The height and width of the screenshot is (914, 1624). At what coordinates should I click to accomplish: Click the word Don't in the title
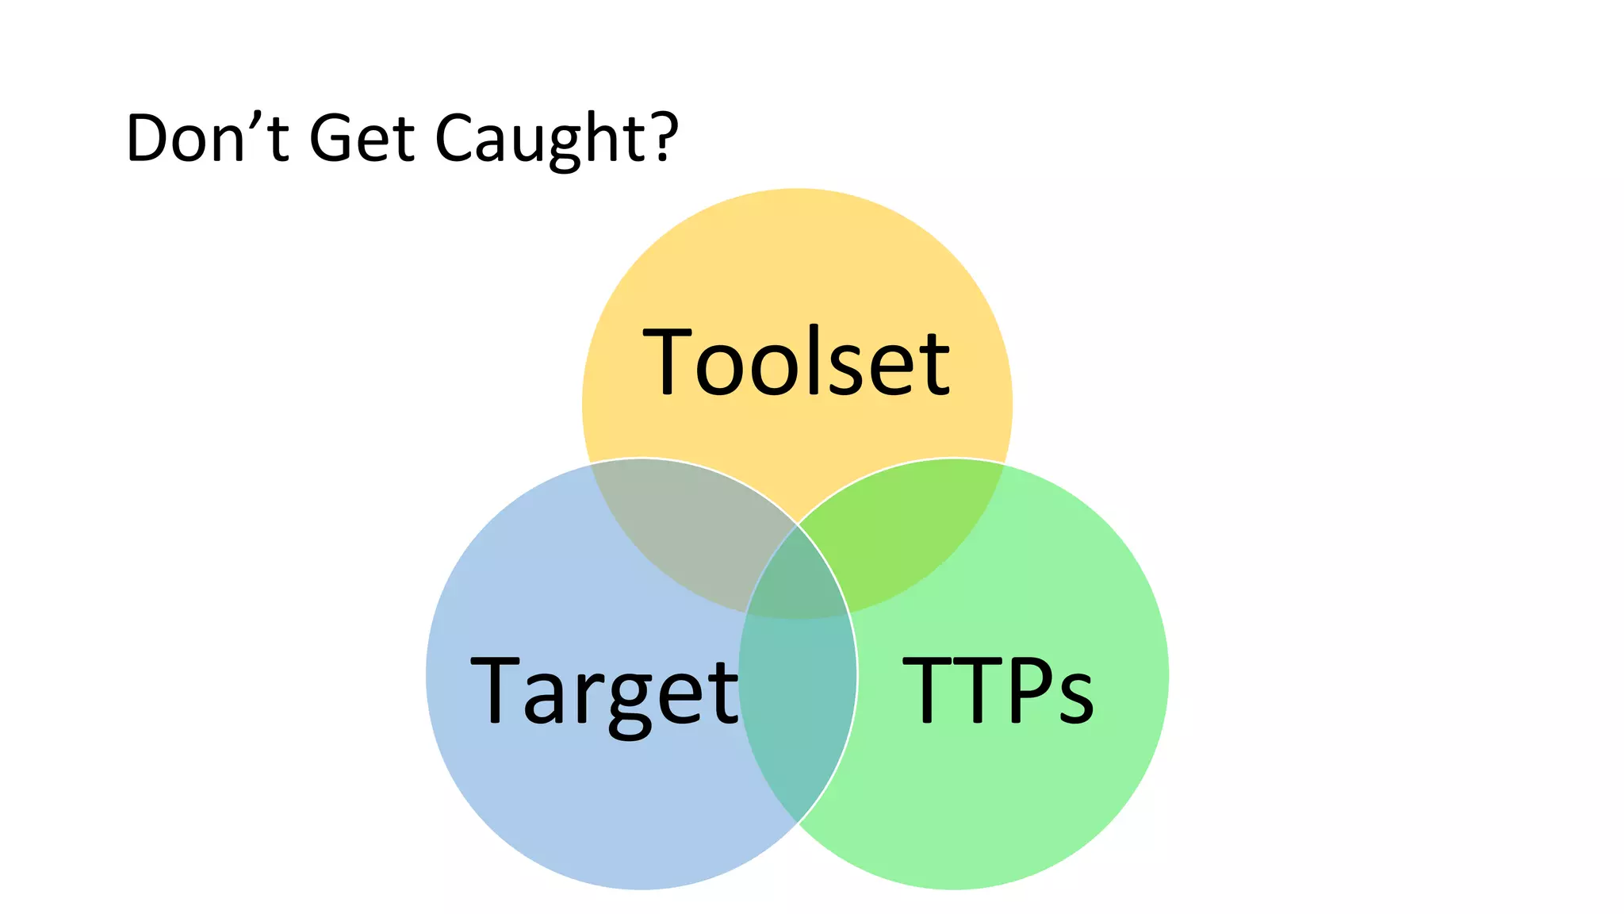[x=207, y=138]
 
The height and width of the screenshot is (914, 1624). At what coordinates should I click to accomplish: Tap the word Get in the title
[x=362, y=138]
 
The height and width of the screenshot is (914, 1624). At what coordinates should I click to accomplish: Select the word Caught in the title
[x=542, y=140]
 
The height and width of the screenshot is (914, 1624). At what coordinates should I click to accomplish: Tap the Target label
[x=604, y=691]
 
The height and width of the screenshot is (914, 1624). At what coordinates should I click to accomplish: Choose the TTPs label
[x=998, y=689]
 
